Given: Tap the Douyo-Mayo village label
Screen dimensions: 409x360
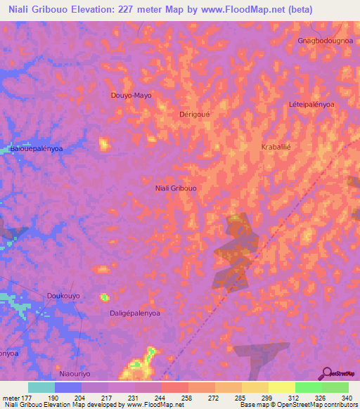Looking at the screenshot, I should pos(131,95).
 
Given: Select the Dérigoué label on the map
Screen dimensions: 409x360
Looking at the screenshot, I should pos(195,114).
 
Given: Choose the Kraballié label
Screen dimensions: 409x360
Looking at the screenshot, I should pos(276,147).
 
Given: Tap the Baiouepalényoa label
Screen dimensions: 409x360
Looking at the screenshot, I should pos(36,149).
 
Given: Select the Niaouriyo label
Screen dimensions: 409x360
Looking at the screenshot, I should pos(76,374).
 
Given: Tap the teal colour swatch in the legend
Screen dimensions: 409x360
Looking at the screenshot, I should pos(41,387).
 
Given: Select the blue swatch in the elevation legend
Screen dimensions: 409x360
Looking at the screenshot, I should pos(68,387).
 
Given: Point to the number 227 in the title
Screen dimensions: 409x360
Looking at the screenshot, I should pos(150,10).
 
